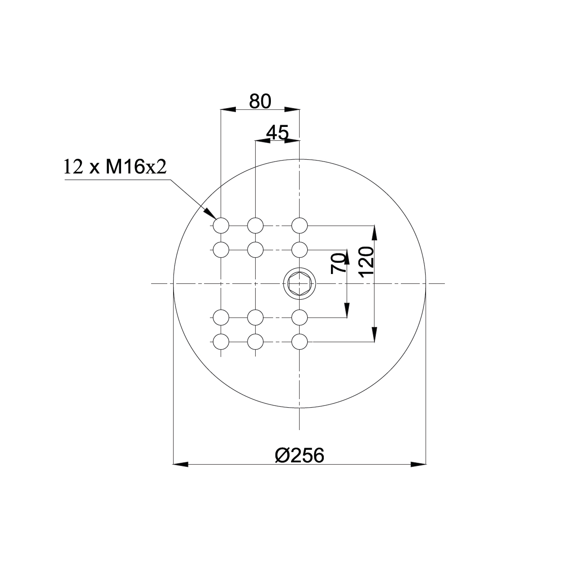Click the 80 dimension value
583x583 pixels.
260,101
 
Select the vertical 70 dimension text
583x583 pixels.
338,264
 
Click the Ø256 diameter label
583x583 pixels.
300,456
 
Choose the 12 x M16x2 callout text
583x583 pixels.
115,167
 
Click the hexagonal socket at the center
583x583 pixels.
299,283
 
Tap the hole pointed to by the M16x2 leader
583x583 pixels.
221,226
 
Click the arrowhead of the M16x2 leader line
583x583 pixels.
210,213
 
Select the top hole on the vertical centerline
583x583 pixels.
300,226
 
